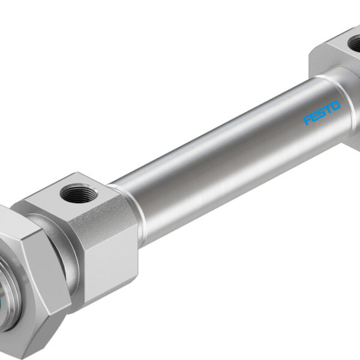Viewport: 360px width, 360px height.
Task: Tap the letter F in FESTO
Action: [x=308, y=120]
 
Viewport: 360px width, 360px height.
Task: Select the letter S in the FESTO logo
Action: [x=322, y=113]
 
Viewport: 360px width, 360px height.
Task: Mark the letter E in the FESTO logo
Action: [x=315, y=116]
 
